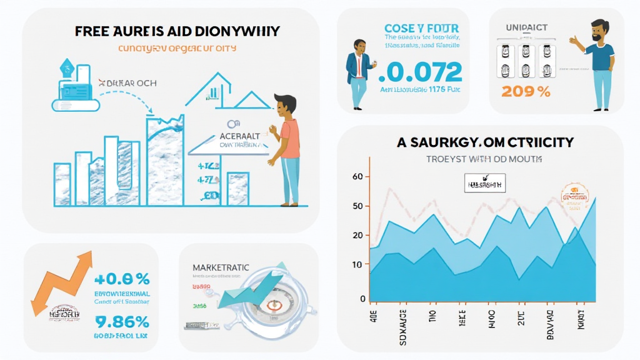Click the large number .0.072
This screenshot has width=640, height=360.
[x=421, y=73]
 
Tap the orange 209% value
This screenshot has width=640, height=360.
[x=526, y=91]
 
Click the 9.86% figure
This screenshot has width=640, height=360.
[x=121, y=322]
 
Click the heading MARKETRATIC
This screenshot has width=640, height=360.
[x=223, y=267]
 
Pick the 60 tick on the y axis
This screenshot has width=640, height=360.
[x=357, y=177]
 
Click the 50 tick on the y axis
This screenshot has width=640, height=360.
[x=357, y=206]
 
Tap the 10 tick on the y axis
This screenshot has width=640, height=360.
[x=357, y=265]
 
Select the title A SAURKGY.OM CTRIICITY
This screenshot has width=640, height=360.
[x=485, y=142]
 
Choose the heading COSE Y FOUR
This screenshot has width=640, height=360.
[x=422, y=28]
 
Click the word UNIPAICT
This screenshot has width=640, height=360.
[x=526, y=28]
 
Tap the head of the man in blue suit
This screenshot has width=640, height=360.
[x=360, y=47]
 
